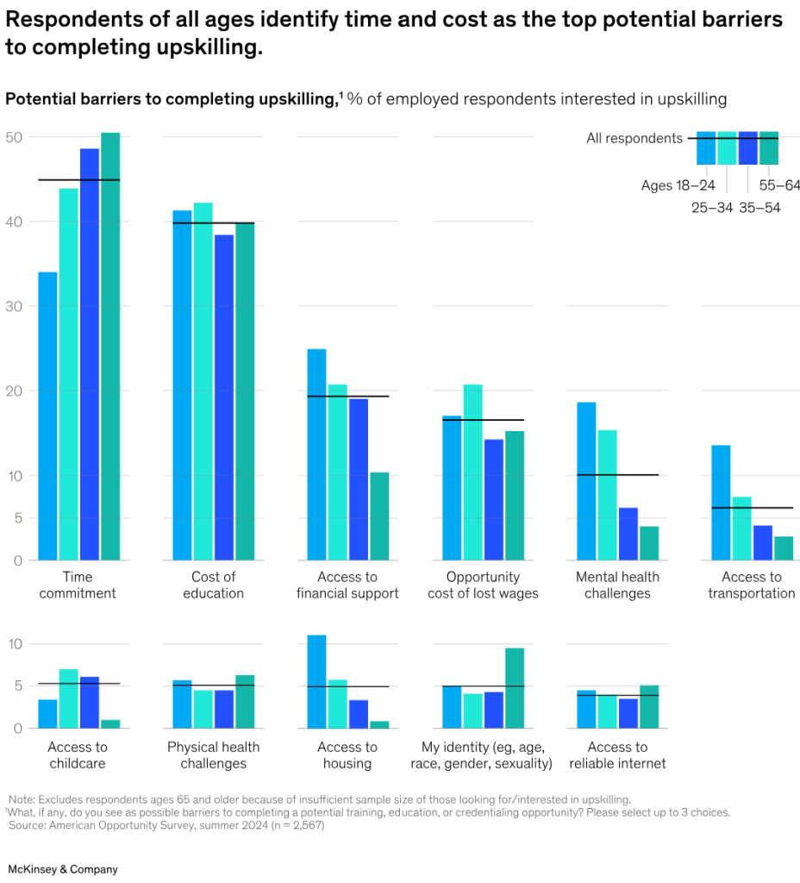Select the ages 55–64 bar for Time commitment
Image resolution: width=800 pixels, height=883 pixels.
[x=110, y=346]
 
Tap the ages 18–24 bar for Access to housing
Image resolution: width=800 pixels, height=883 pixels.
[x=317, y=681]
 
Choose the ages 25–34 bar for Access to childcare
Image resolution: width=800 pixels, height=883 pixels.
[x=69, y=698]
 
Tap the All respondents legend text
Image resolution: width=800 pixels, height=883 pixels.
[x=634, y=138]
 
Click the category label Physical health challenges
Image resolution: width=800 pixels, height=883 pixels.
[x=213, y=755]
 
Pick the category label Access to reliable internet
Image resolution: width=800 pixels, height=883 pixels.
[x=617, y=755]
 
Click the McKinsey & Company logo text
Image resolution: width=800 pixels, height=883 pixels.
[x=63, y=869]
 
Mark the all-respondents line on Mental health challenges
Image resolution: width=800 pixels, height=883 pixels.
[x=617, y=475]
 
